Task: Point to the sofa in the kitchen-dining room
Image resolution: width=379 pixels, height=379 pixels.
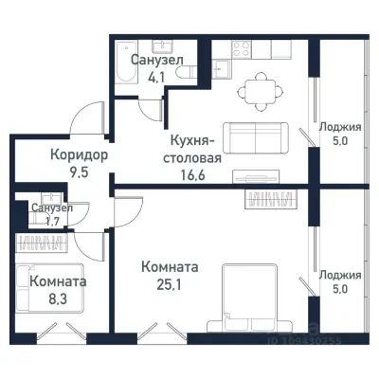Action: click(257, 137)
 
